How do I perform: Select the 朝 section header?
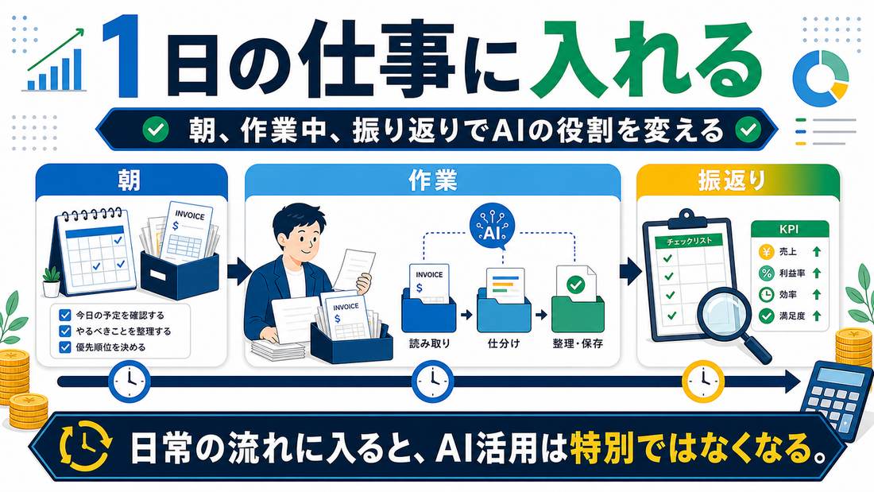point(130,181)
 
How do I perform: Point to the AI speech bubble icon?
point(492,228)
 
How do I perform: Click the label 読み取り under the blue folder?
point(429,343)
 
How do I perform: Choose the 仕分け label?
point(503,343)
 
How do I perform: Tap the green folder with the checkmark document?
point(578,300)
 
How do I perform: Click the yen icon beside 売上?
point(767,252)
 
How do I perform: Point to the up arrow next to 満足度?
point(817,316)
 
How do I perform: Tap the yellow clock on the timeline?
point(703,382)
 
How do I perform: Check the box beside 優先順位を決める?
point(64,347)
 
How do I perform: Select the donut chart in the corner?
point(821,78)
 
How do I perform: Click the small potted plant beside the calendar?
point(52,281)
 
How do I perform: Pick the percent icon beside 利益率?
point(767,273)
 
